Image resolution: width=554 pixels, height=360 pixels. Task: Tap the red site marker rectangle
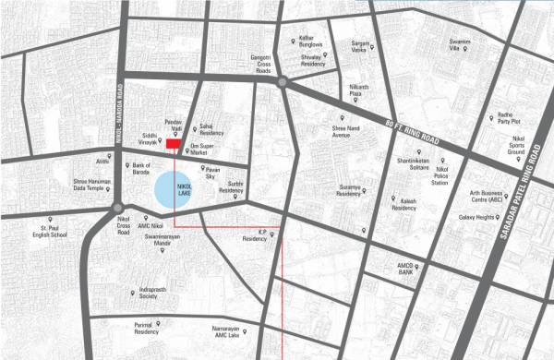[x=172, y=144]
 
